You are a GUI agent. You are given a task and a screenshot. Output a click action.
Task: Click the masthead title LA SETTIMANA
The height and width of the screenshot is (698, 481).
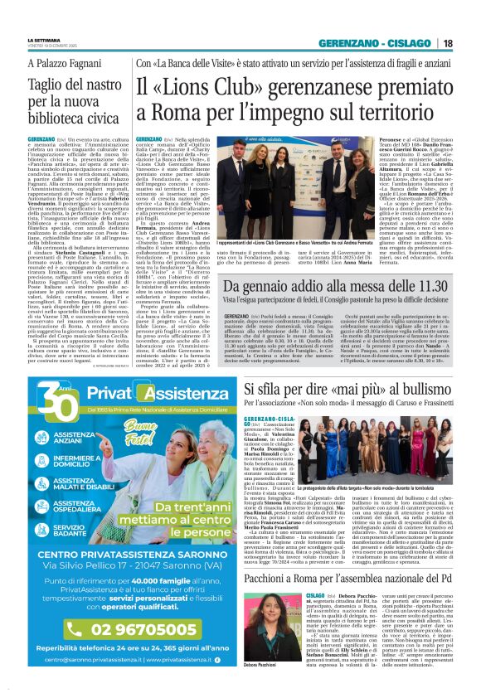coord(44,40)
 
